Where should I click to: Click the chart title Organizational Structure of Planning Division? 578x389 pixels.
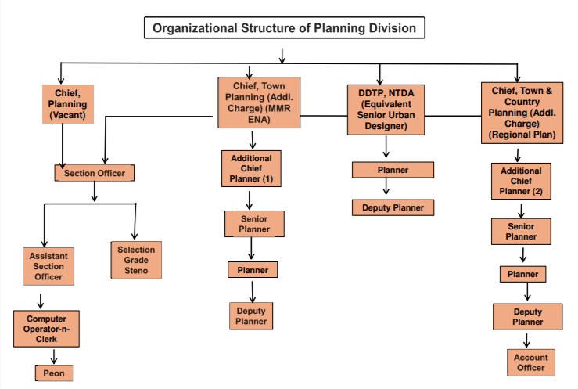(x=289, y=29)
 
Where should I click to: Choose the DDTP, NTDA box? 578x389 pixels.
(x=388, y=109)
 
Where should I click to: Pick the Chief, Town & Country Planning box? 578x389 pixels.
(x=522, y=113)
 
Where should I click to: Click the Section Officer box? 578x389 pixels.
(x=95, y=172)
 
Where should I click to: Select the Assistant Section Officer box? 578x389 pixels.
(x=48, y=266)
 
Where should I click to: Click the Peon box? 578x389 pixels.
(x=54, y=373)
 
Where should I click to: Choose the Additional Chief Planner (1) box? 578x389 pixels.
(x=251, y=168)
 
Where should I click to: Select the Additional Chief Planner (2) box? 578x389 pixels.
(x=521, y=181)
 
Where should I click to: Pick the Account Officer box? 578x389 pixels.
(x=530, y=362)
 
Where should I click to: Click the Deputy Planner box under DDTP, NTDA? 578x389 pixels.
(x=393, y=207)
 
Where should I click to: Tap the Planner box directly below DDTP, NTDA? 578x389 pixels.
(x=393, y=170)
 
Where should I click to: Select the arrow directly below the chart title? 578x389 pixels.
(x=282, y=53)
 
